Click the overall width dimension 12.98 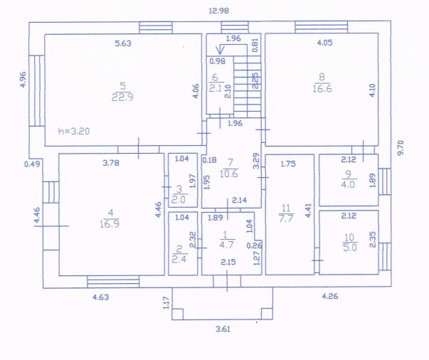click(218, 10)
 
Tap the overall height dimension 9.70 click(400, 149)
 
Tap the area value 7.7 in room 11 click(286, 219)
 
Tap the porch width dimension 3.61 click(226, 329)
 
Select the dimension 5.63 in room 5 click(126, 43)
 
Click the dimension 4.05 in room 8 click(325, 43)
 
